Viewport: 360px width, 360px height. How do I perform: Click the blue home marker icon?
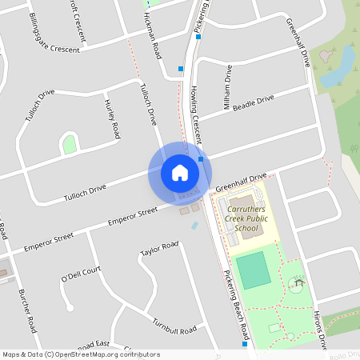tap(179, 172)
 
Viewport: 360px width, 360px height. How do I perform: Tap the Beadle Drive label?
tap(253, 104)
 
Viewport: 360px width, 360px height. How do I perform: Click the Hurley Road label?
tap(111, 118)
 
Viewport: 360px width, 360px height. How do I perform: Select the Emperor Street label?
tap(134, 215)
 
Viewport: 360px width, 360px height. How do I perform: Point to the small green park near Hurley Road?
tap(70, 145)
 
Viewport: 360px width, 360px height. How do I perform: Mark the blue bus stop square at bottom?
tap(244, 345)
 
